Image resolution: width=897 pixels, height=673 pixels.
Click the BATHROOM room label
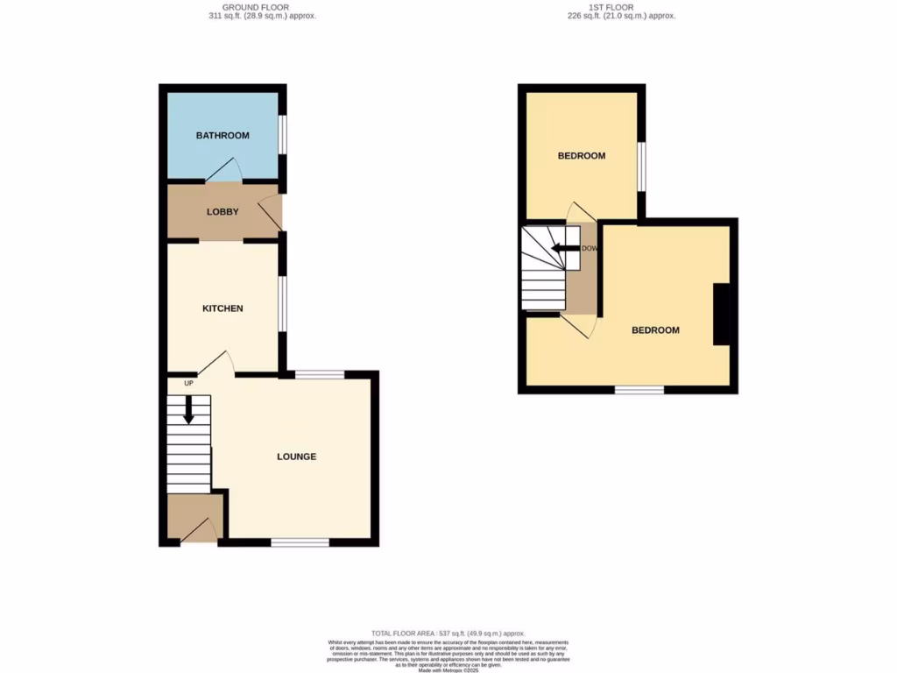coord(222,136)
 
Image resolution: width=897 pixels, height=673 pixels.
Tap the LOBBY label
coord(222,212)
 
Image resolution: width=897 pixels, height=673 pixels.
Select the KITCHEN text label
coord(222,308)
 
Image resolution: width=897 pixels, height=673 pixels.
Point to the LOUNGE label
coord(296,457)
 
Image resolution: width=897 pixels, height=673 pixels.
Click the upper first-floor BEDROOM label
coord(582,156)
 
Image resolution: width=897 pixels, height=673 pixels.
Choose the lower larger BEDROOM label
coord(655,330)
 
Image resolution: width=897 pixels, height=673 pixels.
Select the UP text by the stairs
coord(188,383)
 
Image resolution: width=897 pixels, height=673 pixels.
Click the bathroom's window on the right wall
coord(282,136)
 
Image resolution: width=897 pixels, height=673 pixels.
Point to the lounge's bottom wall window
coord(300,542)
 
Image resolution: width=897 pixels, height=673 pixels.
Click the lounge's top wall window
coord(319,375)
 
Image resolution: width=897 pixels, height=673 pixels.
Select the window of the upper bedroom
coord(641,166)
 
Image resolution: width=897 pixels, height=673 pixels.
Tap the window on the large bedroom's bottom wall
coord(639,389)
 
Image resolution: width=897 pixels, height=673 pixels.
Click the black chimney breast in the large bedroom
coord(722,315)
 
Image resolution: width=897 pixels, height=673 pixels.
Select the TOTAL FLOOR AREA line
coord(448,633)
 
